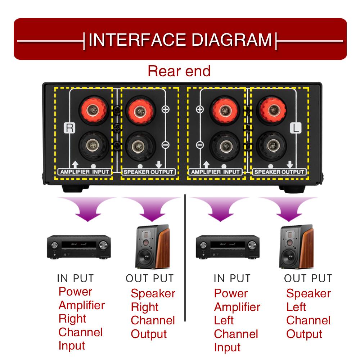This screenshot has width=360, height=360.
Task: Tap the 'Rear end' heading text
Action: [179, 71]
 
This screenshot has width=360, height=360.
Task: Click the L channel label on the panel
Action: [295, 128]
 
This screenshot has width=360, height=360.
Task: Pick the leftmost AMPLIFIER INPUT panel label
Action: [85, 172]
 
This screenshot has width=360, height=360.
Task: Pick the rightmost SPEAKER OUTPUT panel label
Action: [280, 172]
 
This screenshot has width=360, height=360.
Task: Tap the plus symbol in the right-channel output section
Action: [165, 110]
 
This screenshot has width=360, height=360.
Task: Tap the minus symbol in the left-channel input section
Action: [200, 145]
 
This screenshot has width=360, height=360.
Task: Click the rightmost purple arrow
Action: [288, 209]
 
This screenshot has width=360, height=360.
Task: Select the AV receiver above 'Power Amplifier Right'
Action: [79, 247]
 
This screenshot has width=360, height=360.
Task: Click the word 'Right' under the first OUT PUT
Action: [144, 307]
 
